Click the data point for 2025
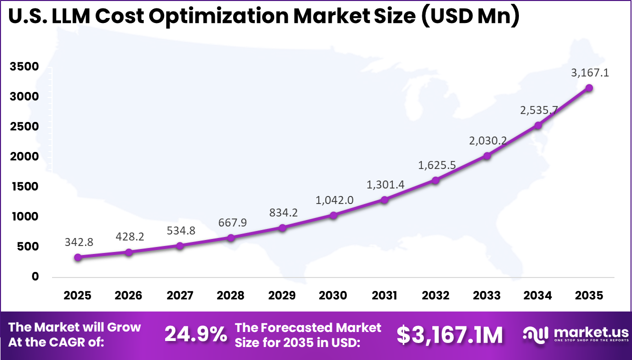tap(78, 257)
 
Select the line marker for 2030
tap(333, 215)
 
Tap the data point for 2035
tap(589, 88)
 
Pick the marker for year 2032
tap(435, 180)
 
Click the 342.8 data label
tap(79, 242)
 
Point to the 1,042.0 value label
tap(334, 200)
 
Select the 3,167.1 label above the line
tap(590, 73)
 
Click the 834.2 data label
tap(283, 212)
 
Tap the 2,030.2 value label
tap(487, 141)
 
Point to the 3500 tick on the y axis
tap(24, 67)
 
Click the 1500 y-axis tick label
tap(24, 187)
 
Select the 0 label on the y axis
tap(35, 276)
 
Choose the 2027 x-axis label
tap(180, 295)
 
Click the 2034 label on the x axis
tap(538, 295)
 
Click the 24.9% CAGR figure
tap(196, 335)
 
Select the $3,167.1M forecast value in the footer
tap(449, 335)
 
